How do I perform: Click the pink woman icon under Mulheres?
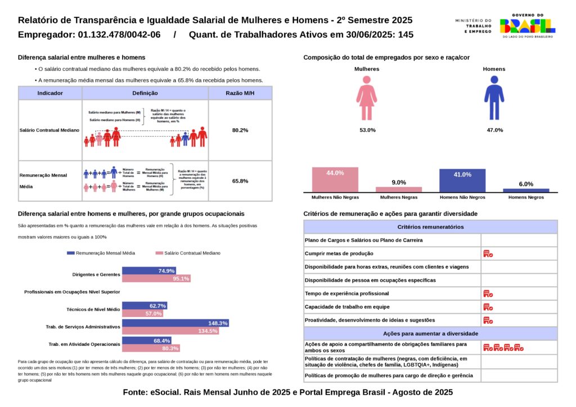point(367,99)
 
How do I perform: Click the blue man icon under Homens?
point(494,99)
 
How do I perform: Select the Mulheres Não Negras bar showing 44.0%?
point(335,180)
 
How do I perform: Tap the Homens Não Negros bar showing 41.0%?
point(462,180)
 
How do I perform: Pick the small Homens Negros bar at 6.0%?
point(526,190)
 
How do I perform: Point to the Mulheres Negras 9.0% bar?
point(399,189)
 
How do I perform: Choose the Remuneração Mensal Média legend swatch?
point(70,253)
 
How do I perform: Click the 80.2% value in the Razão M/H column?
point(240,130)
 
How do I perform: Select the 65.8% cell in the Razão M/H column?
point(240,181)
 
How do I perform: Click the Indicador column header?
point(50,93)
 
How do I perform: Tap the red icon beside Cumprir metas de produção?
point(488,254)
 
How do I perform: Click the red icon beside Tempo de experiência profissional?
point(488,293)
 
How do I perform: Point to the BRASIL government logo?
point(527,26)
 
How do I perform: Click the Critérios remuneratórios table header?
point(430,227)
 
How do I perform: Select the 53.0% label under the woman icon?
point(367,130)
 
